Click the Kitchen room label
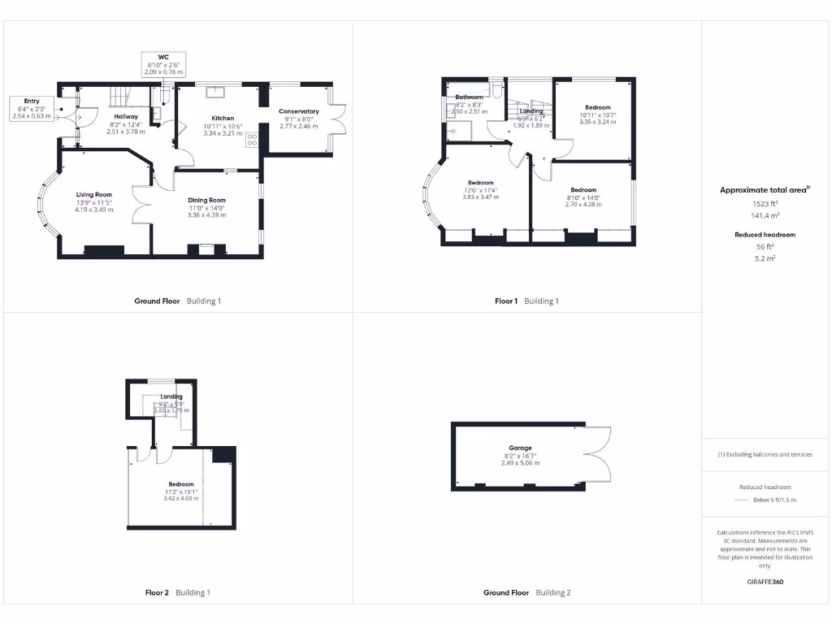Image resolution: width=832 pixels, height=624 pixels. (223, 118)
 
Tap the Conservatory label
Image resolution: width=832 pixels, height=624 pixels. (299, 111)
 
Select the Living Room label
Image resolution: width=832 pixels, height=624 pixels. (94, 195)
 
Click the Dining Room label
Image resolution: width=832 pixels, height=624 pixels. (206, 200)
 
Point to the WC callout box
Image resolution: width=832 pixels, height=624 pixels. (163, 64)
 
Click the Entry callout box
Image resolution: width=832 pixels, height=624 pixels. (31, 108)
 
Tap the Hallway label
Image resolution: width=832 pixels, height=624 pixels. (126, 117)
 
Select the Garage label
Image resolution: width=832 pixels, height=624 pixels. (520, 448)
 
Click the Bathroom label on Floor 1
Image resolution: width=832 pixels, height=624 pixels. (469, 97)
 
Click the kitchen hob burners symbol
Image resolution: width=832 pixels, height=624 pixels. (252, 140)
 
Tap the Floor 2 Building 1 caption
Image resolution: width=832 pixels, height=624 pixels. (172, 593)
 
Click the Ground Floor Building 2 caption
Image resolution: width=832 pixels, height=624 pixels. (526, 593)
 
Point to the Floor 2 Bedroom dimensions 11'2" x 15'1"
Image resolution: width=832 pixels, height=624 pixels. (181, 492)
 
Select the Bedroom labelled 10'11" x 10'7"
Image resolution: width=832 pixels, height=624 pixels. (597, 107)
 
